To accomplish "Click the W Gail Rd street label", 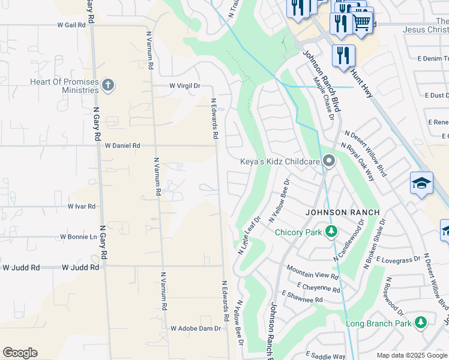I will [x=71, y=25].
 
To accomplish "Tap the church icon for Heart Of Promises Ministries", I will [x=108, y=85].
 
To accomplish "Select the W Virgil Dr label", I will [x=184, y=86].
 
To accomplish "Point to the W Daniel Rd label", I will [x=122, y=145].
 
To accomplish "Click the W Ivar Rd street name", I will [x=82, y=206].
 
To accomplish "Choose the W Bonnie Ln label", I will [x=78, y=237].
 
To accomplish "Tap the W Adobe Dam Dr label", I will [x=196, y=328].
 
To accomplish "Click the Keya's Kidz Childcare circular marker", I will [x=328, y=161].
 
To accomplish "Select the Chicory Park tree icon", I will [x=329, y=232].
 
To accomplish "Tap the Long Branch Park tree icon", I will [x=421, y=323].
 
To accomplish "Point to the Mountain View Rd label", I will [x=312, y=272].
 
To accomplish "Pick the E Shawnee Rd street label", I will [x=301, y=298].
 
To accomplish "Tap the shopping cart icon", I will [x=361, y=22].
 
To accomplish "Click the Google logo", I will [x=20, y=353].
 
